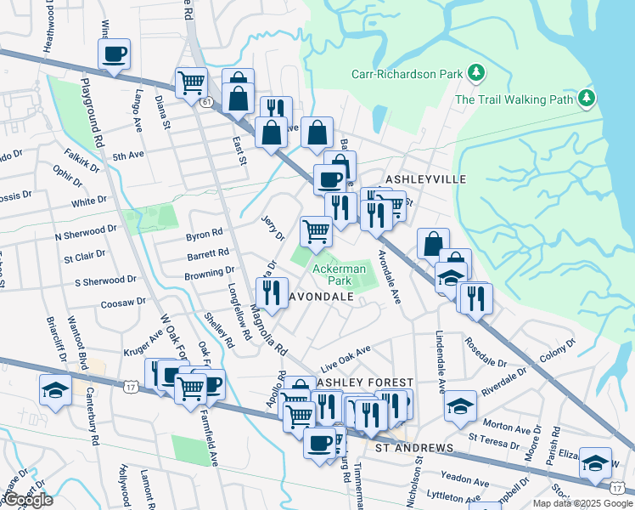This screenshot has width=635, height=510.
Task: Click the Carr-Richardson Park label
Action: click(407, 74)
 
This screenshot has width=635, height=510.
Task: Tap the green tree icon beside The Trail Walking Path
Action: click(586, 99)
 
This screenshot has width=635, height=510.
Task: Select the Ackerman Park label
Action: click(340, 274)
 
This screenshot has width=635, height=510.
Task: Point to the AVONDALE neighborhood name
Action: click(322, 297)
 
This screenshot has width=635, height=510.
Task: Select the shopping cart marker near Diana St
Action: click(192, 83)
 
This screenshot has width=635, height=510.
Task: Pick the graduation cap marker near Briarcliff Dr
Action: click(55, 390)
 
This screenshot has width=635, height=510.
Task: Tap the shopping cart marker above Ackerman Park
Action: click(316, 230)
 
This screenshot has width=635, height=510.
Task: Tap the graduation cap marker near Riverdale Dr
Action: click(460, 405)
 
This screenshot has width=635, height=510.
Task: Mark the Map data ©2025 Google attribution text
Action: click(582, 503)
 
